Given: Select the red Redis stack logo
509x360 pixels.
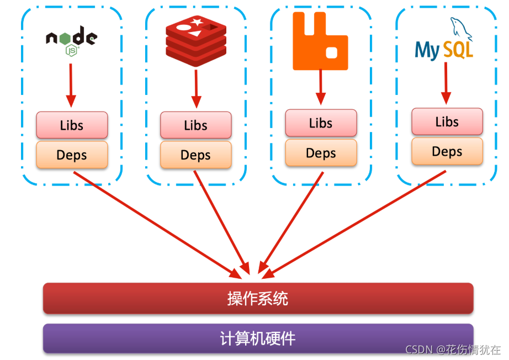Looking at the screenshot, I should (196, 40).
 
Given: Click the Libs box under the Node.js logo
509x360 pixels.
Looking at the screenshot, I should (72, 125).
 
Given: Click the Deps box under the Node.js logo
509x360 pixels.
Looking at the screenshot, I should (72, 155).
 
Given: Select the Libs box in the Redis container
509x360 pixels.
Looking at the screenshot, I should (195, 125).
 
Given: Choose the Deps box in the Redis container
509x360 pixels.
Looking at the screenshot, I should (195, 155).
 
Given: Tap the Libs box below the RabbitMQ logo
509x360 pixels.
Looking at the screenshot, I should (321, 123).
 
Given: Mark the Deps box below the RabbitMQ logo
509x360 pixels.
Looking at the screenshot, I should (321, 153).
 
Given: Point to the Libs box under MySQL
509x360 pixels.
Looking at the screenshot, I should (447, 121).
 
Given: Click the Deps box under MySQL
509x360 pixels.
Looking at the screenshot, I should (447, 151).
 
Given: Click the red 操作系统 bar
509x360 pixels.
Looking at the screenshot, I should (258, 299).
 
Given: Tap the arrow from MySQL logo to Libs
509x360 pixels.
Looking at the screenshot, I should (446, 83).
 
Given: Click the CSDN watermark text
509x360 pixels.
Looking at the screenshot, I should (453, 350).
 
